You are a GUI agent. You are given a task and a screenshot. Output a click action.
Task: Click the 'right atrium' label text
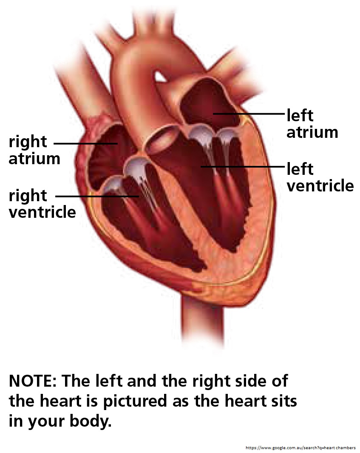click(x=34, y=150)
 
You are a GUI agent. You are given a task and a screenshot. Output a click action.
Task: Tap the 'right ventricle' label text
click(x=42, y=204)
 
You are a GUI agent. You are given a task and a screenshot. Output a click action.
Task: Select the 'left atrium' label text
click(x=312, y=124)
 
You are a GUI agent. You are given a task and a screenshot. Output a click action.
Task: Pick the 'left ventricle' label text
click(x=320, y=177)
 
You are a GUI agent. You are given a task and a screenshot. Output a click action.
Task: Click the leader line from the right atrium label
click(x=86, y=143)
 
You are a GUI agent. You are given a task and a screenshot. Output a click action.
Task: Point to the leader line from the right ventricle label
click(x=97, y=197)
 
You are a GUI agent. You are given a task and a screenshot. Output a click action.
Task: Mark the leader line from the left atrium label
click(x=249, y=114)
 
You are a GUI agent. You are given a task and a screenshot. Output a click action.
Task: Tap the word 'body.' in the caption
click(x=91, y=422)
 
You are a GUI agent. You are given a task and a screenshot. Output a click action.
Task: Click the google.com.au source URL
click(x=300, y=447)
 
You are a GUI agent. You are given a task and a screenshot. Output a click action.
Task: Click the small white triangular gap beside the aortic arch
click(x=160, y=77)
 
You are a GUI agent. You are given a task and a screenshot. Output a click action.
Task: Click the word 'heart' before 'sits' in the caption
click(x=243, y=401)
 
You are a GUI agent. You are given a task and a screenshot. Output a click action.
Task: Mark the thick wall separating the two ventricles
click(x=187, y=208)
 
